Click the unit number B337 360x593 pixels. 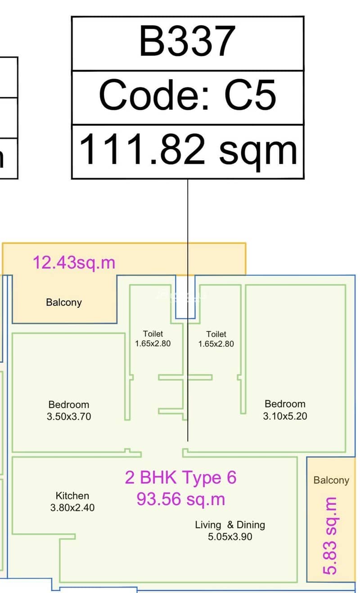click(x=187, y=41)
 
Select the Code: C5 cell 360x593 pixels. click(x=188, y=98)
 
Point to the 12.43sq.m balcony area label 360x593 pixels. click(x=74, y=263)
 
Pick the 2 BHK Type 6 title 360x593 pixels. click(x=180, y=477)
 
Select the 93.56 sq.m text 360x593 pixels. click(x=181, y=499)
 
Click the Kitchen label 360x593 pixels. click(x=72, y=495)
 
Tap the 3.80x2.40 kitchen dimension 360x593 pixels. click(x=72, y=508)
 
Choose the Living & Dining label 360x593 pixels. click(x=230, y=525)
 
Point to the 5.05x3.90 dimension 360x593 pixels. click(x=230, y=537)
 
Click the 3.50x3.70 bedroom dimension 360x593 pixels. click(x=69, y=417)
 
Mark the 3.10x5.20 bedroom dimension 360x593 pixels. click(x=285, y=416)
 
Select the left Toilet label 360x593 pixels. click(x=153, y=333)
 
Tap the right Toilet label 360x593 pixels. click(x=216, y=334)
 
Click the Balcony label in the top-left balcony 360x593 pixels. click(x=64, y=302)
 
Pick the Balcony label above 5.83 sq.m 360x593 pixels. click(x=331, y=480)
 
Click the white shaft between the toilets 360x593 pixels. click(x=185, y=296)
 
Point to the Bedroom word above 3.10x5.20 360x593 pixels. click(x=285, y=404)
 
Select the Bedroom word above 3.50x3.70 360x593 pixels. click(x=69, y=404)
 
